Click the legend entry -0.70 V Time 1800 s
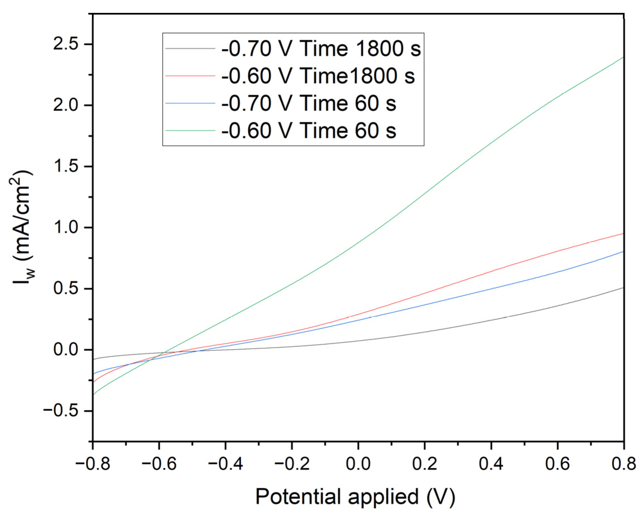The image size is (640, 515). [321, 48]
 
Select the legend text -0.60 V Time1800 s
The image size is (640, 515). [318, 76]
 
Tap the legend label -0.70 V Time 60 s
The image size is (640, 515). [309, 103]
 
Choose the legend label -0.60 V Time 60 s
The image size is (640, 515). [309, 131]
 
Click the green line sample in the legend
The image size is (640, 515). [190, 131]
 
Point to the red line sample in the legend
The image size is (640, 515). [190, 76]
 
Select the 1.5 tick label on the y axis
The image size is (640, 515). [66, 167]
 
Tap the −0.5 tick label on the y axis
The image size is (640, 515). [61, 411]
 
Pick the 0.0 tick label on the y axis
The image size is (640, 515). [66, 350]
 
